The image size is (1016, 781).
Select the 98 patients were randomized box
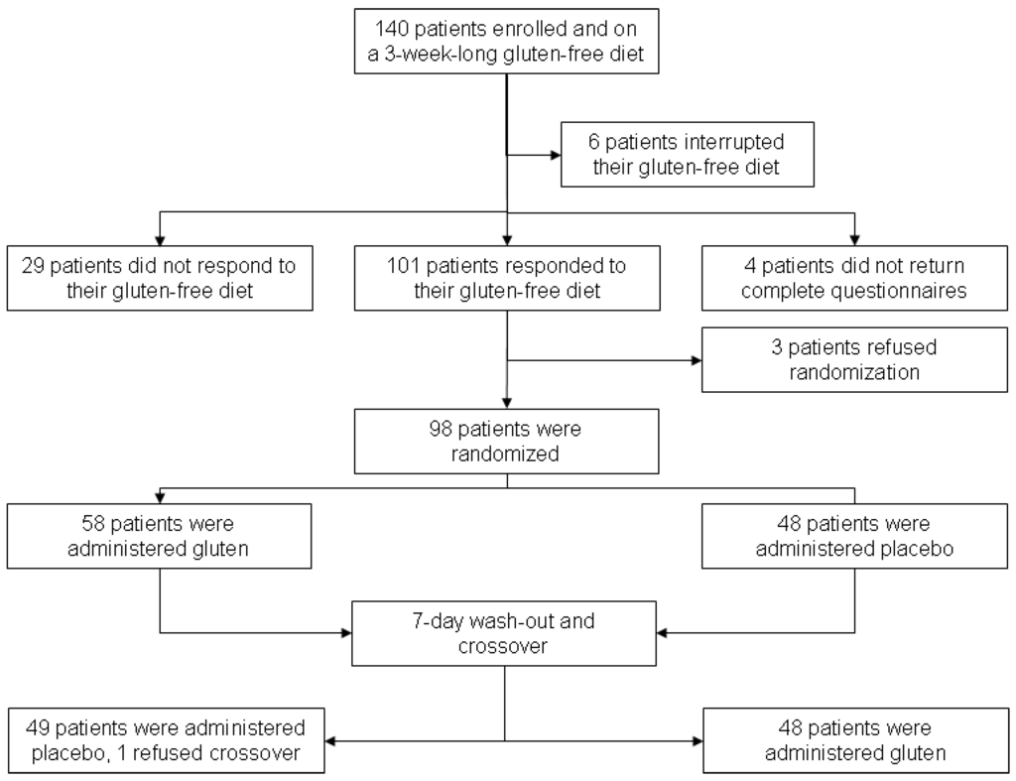[x=507, y=443]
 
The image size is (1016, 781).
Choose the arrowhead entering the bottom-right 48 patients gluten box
[x=696, y=740]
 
